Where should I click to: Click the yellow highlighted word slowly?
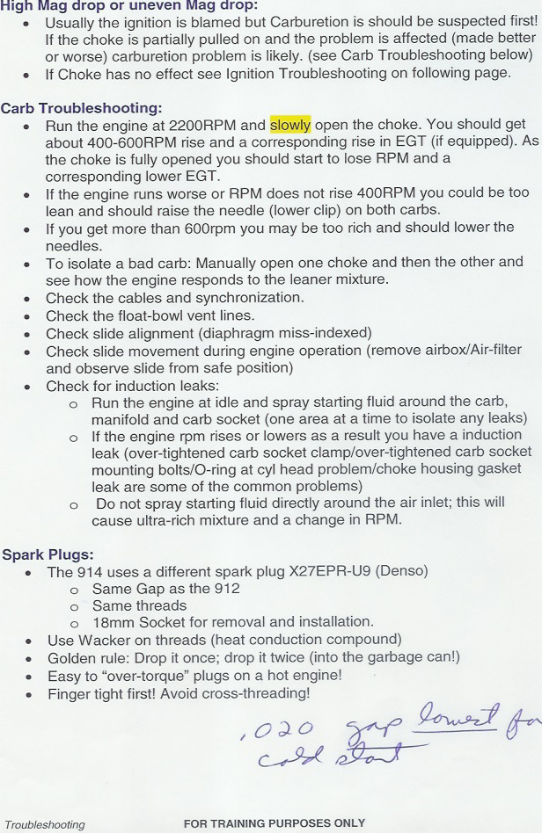coord(291,126)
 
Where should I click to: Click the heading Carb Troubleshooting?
coord(81,108)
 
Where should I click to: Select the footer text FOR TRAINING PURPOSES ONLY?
coord(274,823)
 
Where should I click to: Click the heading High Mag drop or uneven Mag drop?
coord(128,6)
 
